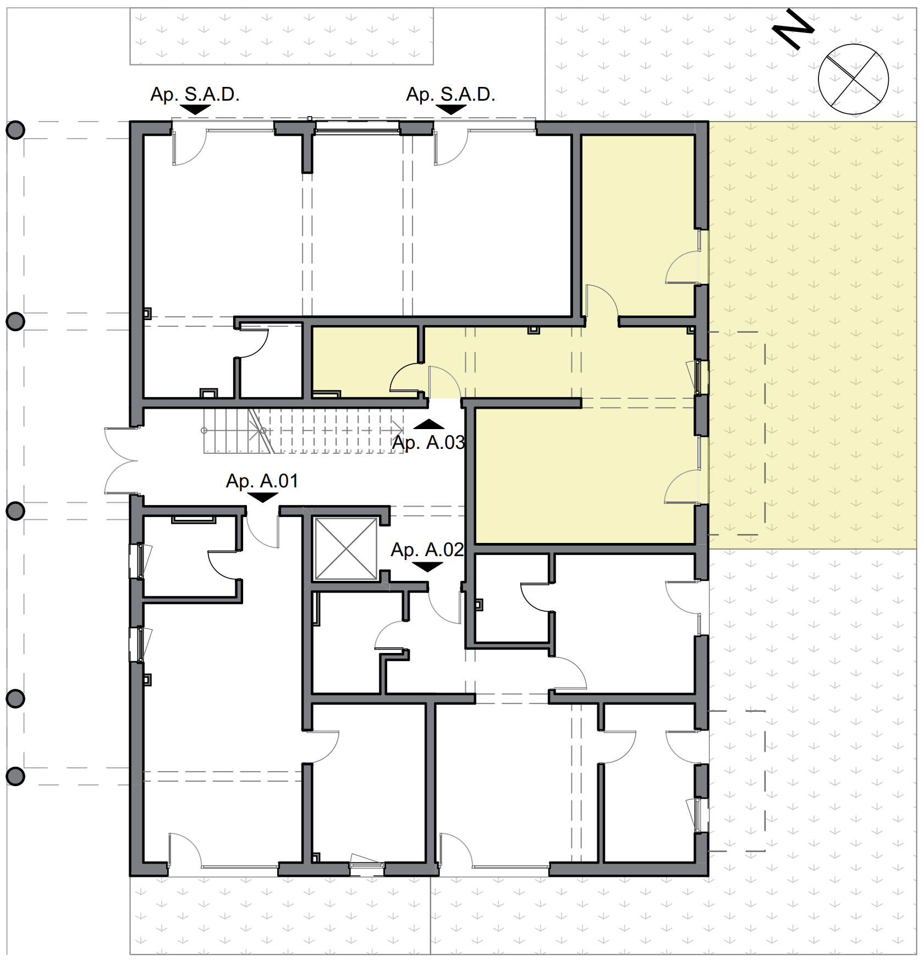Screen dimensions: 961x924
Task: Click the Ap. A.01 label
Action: (262, 481)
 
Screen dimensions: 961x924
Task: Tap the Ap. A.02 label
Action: (427, 550)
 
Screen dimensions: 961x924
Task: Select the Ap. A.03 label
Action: (428, 442)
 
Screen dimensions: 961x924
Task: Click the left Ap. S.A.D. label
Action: (195, 95)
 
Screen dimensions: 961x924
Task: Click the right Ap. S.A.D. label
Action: (450, 95)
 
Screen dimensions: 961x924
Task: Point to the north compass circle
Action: (853, 79)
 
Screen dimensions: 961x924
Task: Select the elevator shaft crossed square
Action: (345, 549)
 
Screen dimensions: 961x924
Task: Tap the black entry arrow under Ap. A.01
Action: (262, 497)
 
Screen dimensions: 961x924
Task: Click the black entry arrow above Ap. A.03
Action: (428, 424)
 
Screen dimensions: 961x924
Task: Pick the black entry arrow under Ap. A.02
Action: (427, 567)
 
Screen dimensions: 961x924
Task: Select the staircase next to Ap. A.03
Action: (302, 432)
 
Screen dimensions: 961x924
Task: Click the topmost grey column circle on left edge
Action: (15, 130)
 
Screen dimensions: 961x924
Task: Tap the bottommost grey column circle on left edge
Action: (15, 776)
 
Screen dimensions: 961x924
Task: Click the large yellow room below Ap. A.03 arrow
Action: (583, 476)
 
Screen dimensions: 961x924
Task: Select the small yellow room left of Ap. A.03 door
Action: (364, 360)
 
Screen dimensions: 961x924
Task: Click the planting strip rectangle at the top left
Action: (281, 36)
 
